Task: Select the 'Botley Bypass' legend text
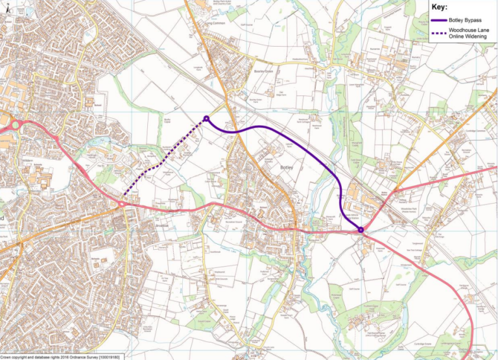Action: point(464,21)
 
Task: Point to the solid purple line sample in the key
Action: point(440,21)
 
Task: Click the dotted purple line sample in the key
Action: point(440,32)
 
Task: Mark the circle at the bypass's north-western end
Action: point(206,119)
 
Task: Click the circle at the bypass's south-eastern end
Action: point(361,229)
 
